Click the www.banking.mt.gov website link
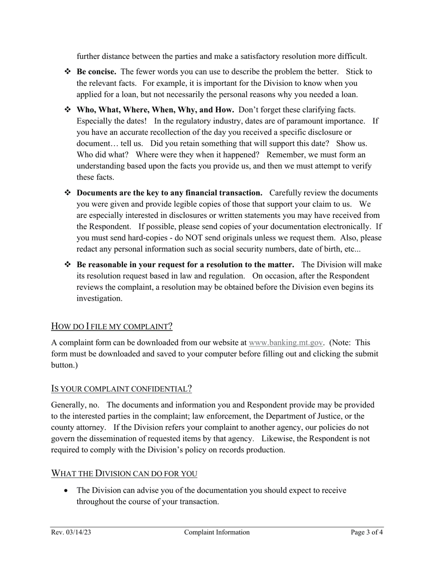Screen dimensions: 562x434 tap(286, 343)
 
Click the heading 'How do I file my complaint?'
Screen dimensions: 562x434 tap(111, 326)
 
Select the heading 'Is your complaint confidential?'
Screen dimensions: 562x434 tap(121, 389)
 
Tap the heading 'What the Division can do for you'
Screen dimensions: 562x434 tap(124, 473)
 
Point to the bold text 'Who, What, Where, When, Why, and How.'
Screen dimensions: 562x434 tap(155, 110)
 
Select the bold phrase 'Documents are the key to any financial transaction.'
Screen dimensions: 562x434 tap(169, 193)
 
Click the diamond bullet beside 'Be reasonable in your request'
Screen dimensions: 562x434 tap(68, 265)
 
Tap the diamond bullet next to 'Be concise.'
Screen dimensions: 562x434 tap(68, 72)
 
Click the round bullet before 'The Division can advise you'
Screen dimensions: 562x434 tap(68, 491)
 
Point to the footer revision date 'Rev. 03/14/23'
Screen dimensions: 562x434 tap(71, 532)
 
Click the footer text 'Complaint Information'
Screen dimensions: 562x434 tap(217, 532)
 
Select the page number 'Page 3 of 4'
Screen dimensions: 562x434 tap(367, 532)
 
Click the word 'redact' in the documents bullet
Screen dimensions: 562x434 tap(87, 249)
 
